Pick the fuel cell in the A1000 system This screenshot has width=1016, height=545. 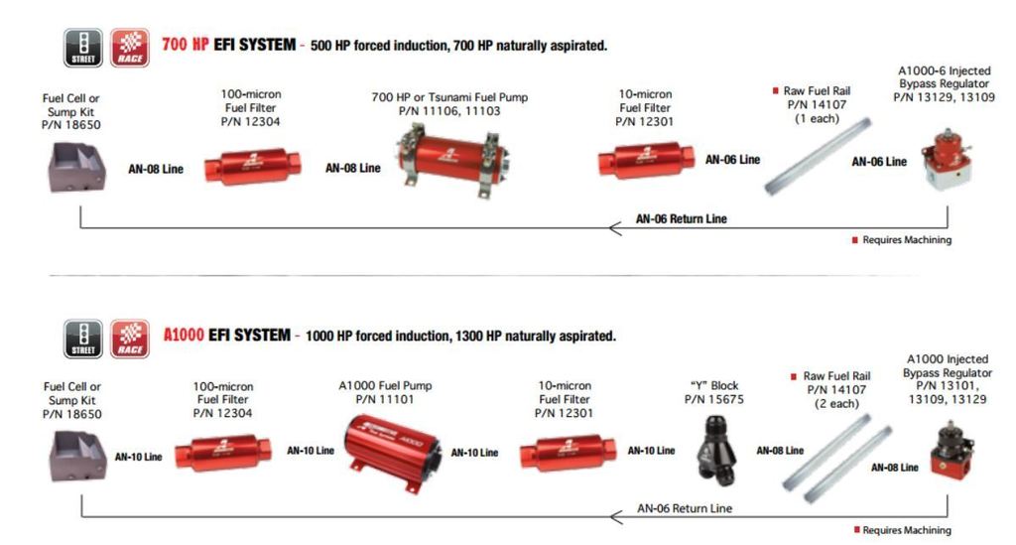(x=77, y=457)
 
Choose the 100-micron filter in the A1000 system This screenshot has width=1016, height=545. (x=223, y=453)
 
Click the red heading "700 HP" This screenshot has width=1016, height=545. (x=186, y=45)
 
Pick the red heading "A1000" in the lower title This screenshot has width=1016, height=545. (x=186, y=336)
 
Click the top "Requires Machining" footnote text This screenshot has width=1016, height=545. (x=906, y=240)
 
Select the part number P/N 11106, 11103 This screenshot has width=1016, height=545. (x=450, y=111)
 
